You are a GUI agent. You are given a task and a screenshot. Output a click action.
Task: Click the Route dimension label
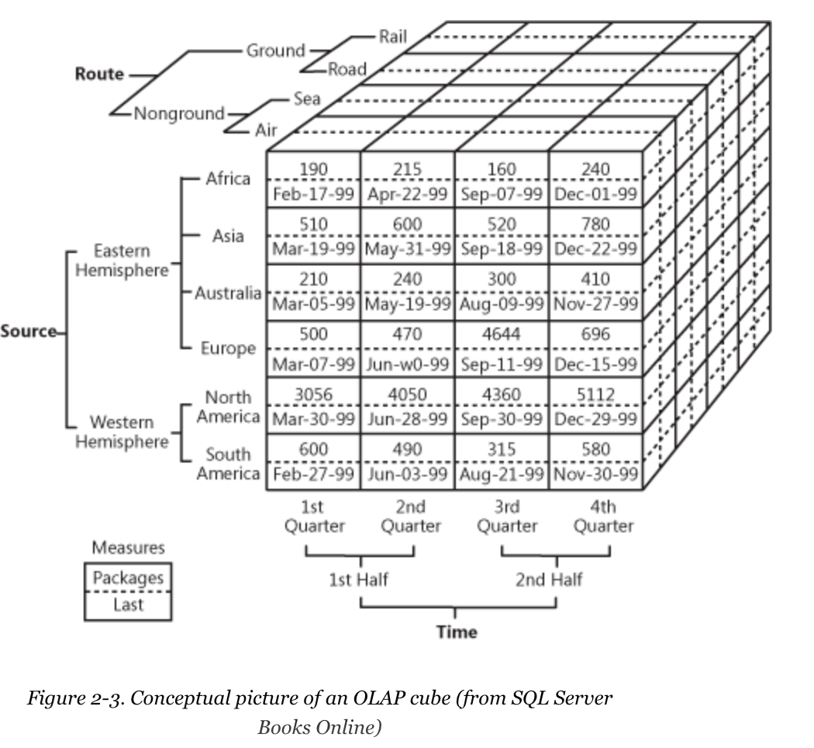pyautogui.click(x=99, y=74)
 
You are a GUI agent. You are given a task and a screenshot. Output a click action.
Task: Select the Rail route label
pyautogui.click(x=392, y=36)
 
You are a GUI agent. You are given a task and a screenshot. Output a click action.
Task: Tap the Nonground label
pyautogui.click(x=179, y=113)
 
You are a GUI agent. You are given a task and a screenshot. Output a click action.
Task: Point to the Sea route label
pyautogui.click(x=307, y=99)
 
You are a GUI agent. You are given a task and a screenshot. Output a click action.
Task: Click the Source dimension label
pyautogui.click(x=29, y=331)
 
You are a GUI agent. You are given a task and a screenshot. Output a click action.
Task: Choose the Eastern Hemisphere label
pyautogui.click(x=122, y=261)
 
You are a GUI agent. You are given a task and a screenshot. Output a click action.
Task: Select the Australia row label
pyautogui.click(x=228, y=293)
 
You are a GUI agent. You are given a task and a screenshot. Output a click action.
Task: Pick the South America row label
pyautogui.click(x=228, y=464)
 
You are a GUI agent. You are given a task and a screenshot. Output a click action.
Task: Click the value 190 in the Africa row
pyautogui.click(x=313, y=168)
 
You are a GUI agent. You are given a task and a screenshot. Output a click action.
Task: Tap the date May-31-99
pyautogui.click(x=407, y=249)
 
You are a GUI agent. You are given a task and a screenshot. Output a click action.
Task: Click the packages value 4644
pyautogui.click(x=502, y=334)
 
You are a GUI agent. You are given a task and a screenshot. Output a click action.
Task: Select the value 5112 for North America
pyautogui.click(x=595, y=395)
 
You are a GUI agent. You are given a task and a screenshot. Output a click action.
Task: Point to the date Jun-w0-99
pyautogui.click(x=407, y=364)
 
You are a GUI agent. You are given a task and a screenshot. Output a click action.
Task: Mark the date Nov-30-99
pyautogui.click(x=595, y=473)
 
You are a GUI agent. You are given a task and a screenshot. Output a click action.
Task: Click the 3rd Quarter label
pyautogui.click(x=507, y=517)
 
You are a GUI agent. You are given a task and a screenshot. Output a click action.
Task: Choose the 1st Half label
pyautogui.click(x=359, y=579)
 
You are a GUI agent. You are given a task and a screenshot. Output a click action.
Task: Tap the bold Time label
pyautogui.click(x=457, y=632)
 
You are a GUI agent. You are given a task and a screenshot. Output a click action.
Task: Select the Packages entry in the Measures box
pyautogui.click(x=128, y=578)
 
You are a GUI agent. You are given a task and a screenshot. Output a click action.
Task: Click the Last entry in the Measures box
pyautogui.click(x=128, y=604)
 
